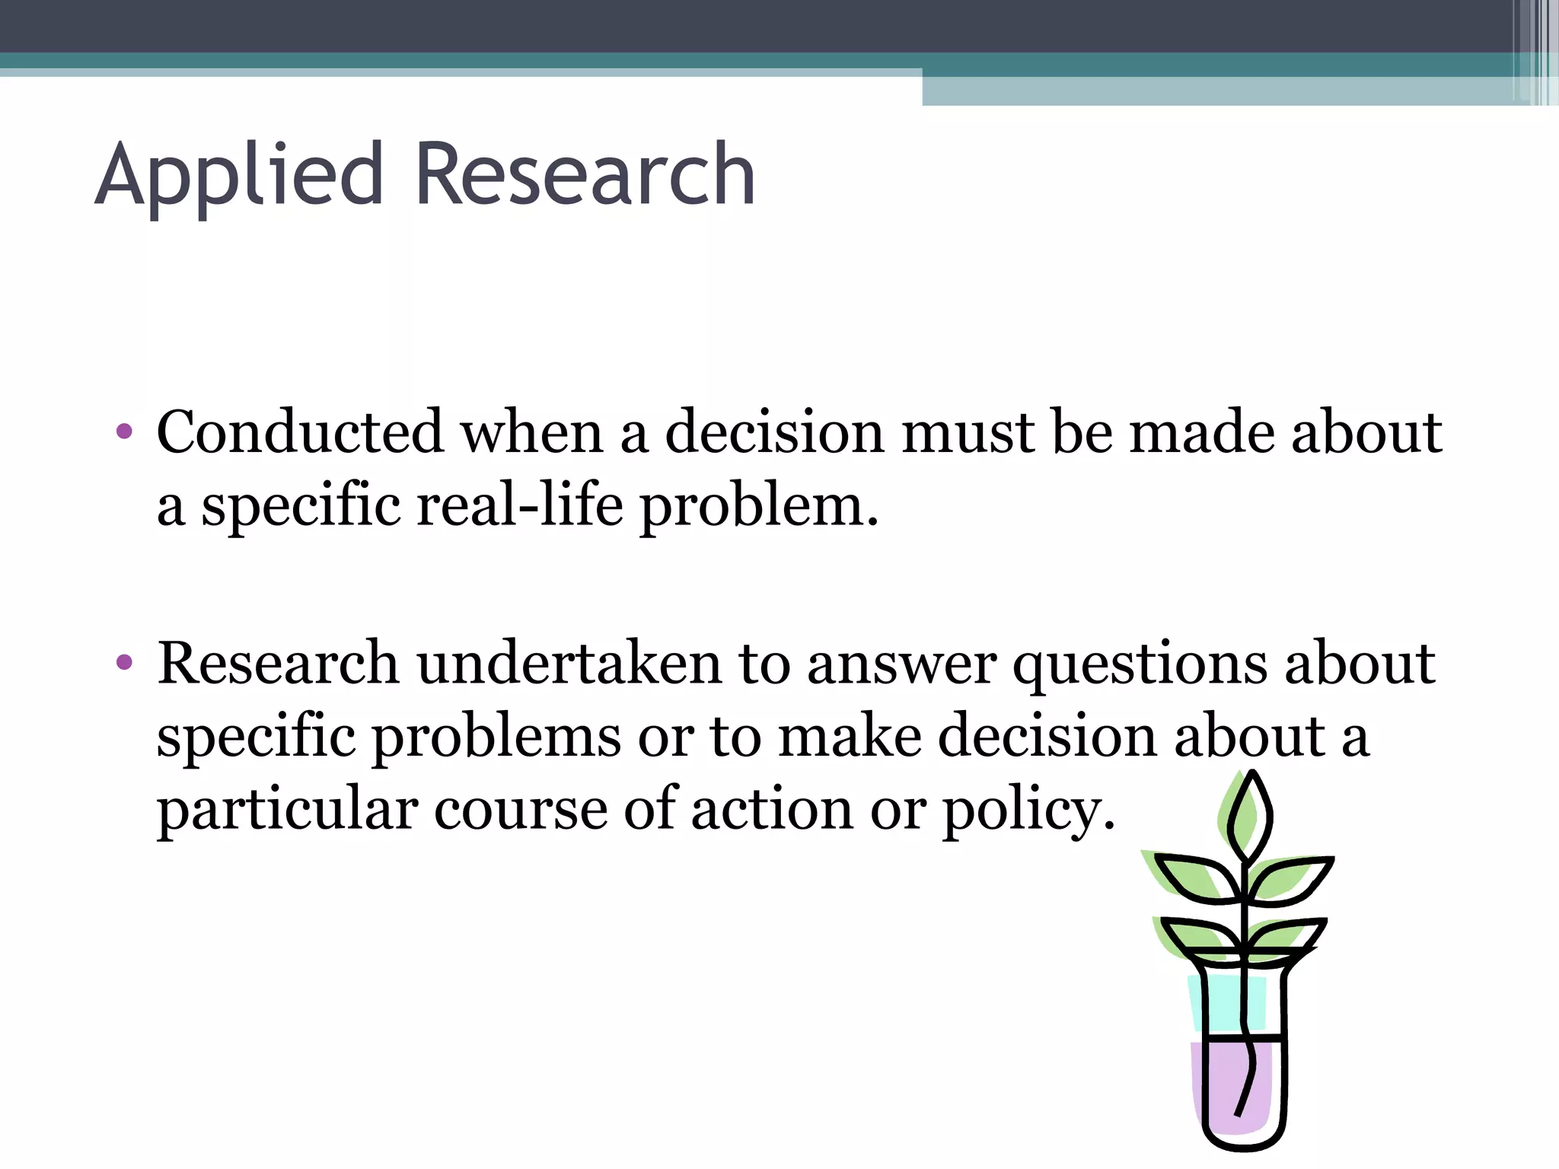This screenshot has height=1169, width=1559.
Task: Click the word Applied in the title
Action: tap(238, 177)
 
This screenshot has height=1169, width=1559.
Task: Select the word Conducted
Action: tap(299, 432)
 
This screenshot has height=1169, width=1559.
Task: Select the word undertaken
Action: tap(569, 663)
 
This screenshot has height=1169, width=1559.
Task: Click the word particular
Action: tap(287, 811)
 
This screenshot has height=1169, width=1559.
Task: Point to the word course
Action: tap(520, 809)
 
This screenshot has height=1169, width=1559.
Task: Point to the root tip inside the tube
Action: tap(1239, 1111)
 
